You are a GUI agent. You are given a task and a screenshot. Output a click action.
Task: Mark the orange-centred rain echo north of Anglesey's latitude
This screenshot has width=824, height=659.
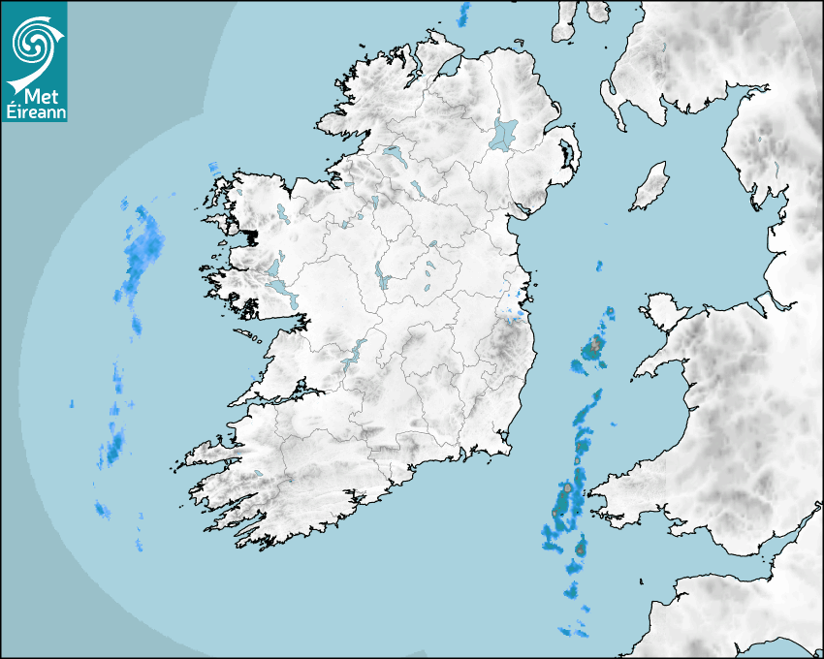(x=595, y=346)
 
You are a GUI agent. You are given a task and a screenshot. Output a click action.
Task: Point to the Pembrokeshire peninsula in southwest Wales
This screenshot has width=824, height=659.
(x=611, y=504)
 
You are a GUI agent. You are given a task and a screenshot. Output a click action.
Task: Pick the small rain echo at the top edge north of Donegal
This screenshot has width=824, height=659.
(x=464, y=14)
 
